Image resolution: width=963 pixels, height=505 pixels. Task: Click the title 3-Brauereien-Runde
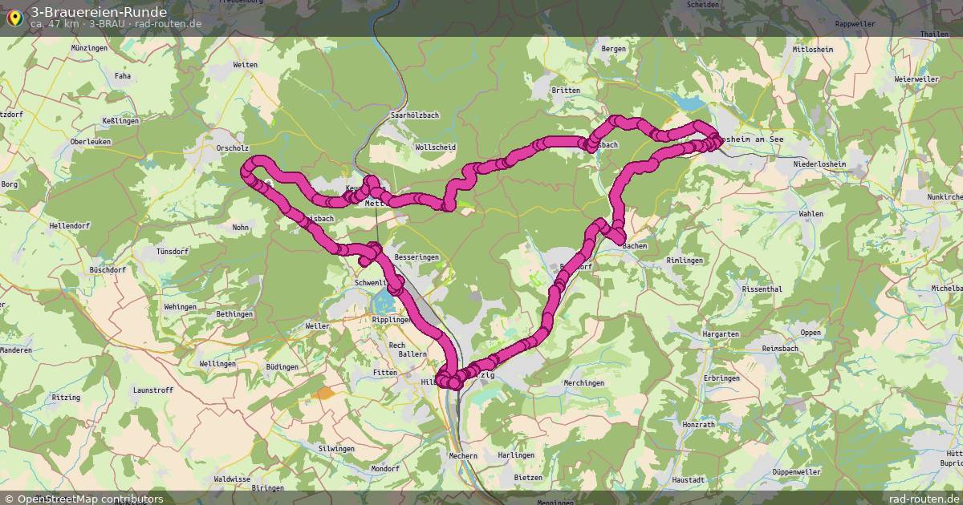(x=99, y=12)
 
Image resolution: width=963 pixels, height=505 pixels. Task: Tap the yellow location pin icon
(x=14, y=18)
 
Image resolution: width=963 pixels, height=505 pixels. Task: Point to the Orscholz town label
(x=233, y=148)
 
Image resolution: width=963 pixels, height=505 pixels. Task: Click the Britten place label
(x=566, y=91)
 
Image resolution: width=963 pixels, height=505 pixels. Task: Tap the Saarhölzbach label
(x=414, y=115)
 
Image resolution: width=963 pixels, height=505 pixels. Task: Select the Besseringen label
(x=417, y=257)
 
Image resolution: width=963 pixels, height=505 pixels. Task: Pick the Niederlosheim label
(x=819, y=164)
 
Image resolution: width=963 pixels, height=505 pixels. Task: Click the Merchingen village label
(x=583, y=383)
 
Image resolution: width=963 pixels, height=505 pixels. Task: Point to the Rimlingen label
(x=685, y=261)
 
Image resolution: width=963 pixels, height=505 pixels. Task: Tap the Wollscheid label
(x=436, y=147)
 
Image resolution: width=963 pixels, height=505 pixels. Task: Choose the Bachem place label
(x=634, y=246)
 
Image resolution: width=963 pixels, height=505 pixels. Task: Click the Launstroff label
(x=152, y=390)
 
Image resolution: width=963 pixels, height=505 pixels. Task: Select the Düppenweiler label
(x=795, y=472)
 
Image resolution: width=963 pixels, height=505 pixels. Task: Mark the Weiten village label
(x=245, y=65)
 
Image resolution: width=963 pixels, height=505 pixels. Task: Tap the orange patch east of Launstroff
(x=324, y=393)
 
